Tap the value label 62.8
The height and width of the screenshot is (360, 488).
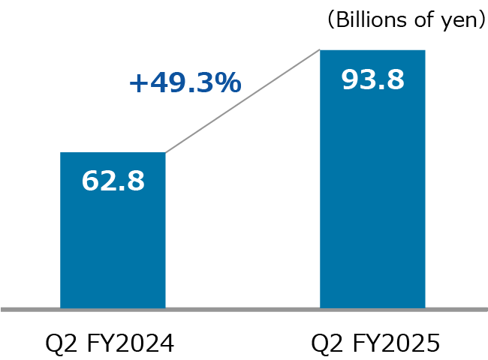point(113,181)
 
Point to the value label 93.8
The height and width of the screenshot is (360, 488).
point(372,79)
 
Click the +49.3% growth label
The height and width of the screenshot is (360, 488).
point(185,82)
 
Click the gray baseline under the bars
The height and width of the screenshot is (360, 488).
point(244,308)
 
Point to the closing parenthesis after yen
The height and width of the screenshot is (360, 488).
point(480,20)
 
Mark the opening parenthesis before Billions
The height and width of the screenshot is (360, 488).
point(330,20)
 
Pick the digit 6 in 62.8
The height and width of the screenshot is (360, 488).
point(90,181)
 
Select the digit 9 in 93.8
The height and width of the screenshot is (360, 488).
point(350,79)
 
